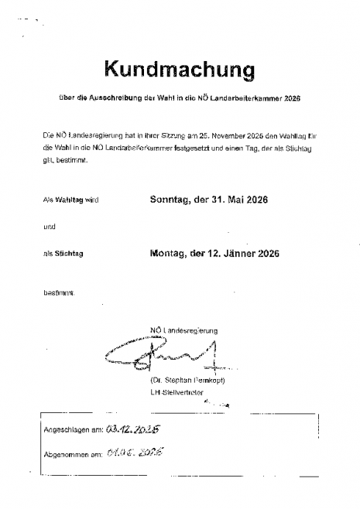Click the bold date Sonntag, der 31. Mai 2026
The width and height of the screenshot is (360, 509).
[x=208, y=200]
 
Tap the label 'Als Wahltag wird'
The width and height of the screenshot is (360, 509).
[x=71, y=200]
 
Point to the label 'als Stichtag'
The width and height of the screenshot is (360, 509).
[x=64, y=254]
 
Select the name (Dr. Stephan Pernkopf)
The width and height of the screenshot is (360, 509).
[x=183, y=381]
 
